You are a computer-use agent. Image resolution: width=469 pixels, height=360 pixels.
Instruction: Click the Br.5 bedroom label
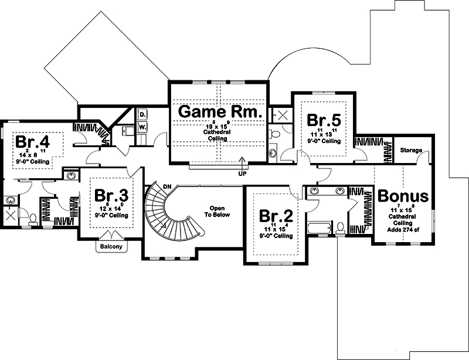click(x=324, y=120)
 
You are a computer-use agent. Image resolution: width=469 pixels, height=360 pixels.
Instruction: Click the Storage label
click(x=411, y=151)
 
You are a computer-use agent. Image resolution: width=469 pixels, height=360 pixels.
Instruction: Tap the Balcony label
click(x=111, y=247)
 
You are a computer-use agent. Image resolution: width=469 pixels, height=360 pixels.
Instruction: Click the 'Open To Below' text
click(x=218, y=211)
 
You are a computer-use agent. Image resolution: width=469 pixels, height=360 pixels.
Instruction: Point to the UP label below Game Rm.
click(x=242, y=174)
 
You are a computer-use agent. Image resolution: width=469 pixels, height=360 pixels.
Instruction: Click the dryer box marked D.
click(x=142, y=114)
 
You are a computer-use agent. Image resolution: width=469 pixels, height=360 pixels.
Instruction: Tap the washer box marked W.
click(x=142, y=126)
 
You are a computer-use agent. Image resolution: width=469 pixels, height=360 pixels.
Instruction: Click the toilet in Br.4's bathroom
click(x=33, y=219)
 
